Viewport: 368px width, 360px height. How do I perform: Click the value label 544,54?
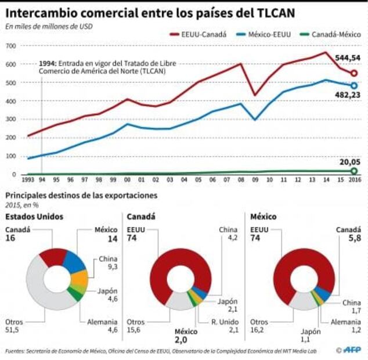tap(347, 58)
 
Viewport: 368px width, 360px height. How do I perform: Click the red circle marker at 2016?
tap(353, 74)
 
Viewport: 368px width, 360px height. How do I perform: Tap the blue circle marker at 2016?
tap(353, 85)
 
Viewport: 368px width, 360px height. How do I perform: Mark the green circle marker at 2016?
tap(353, 171)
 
